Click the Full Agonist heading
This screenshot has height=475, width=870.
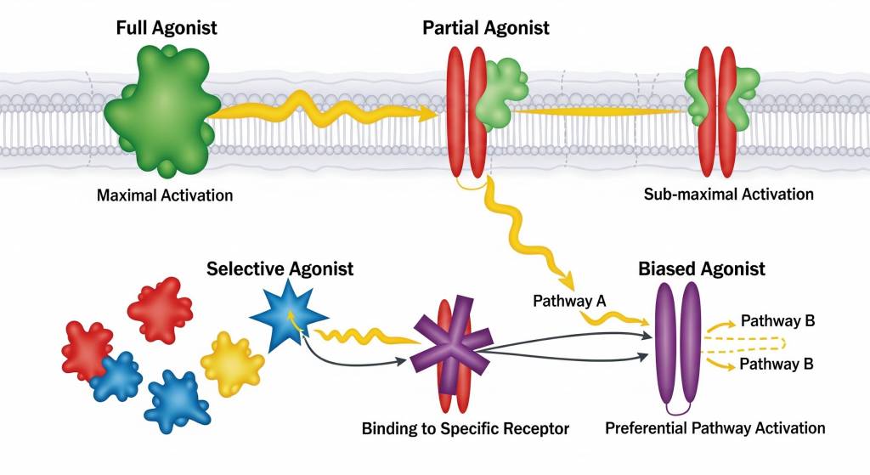coord(167,27)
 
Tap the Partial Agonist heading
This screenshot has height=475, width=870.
coord(485,27)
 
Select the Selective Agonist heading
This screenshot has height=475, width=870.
coord(280,269)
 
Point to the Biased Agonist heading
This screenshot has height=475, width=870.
coord(702,269)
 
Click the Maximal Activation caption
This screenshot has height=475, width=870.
coord(165,195)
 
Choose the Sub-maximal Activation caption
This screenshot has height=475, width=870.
coord(728,194)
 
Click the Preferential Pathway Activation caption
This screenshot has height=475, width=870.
coord(715,427)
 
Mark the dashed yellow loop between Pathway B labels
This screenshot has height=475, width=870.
coord(748,343)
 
